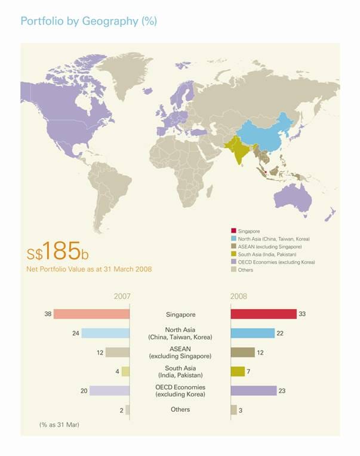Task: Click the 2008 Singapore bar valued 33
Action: click(263, 314)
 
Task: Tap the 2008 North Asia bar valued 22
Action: click(253, 333)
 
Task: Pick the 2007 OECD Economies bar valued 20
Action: click(109, 390)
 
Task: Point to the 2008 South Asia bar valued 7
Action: click(238, 371)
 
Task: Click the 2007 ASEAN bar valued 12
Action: click(118, 352)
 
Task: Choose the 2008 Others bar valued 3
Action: click(233, 409)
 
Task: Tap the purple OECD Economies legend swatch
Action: click(233, 262)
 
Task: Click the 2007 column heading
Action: click(122, 296)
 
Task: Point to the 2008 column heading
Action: click(238, 296)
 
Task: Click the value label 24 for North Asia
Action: click(76, 333)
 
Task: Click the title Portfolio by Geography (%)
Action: click(88, 21)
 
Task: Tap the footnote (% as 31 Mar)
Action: click(59, 424)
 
